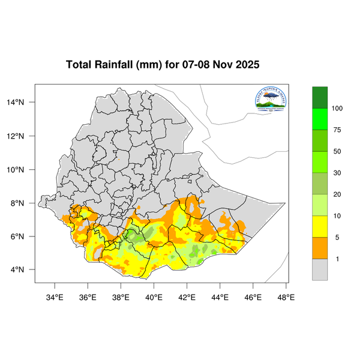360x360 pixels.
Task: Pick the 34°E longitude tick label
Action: coord(55,296)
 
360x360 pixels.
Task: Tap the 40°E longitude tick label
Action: coord(154,296)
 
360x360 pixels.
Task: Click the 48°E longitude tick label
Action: coord(286,296)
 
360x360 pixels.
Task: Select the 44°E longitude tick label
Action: coord(220,296)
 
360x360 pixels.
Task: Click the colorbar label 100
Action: coord(337,109)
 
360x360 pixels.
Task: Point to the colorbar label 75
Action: coord(337,130)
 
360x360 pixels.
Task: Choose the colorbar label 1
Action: coord(337,259)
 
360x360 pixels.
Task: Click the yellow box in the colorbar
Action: coord(320,227)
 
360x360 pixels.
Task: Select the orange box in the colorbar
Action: coord(320,248)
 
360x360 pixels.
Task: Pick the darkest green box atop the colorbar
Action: coord(320,97)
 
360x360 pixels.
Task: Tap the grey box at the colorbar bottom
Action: coord(320,270)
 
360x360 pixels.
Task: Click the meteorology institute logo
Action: coord(272,100)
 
